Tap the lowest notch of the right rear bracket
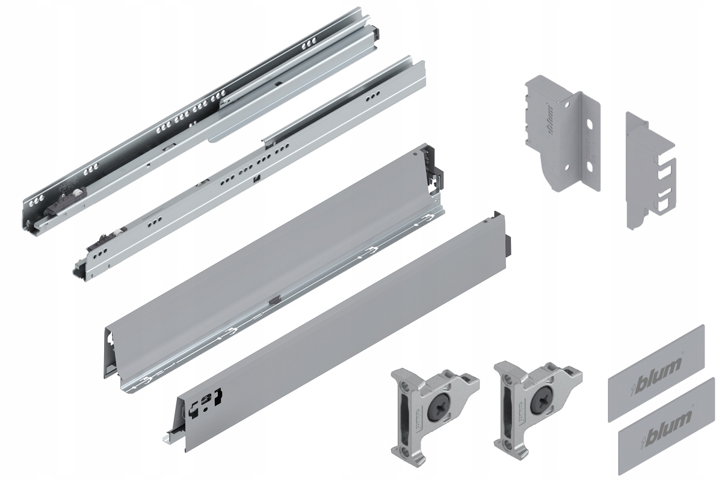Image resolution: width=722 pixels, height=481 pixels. pyautogui.click(x=661, y=204)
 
